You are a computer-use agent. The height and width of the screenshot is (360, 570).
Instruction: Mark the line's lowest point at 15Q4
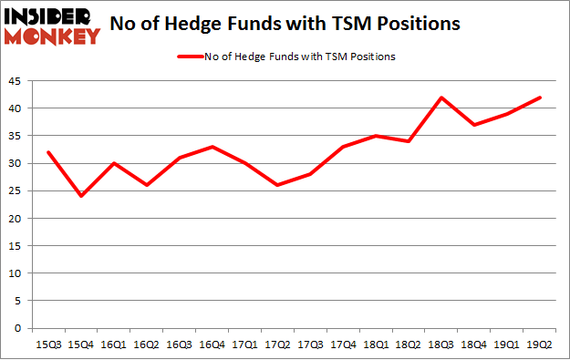pos(81,196)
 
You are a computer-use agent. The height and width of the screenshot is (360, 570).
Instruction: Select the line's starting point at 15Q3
pos(48,152)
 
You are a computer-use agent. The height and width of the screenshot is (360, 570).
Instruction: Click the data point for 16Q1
pos(115,163)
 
